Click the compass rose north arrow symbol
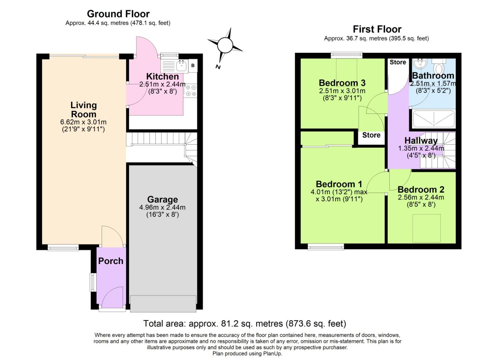tap(225, 45)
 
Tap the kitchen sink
tap(182, 66)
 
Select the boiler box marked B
tap(193, 66)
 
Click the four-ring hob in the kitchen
tap(190, 91)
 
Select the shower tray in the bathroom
tap(434, 119)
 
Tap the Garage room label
tap(162, 199)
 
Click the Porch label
tap(111, 261)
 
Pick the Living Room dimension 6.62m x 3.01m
tap(83, 122)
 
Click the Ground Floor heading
tap(118, 14)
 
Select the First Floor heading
tap(377, 29)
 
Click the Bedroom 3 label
tap(342, 83)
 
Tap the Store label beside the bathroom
tap(398, 62)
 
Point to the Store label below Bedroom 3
tap(371, 135)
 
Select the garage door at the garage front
tap(163, 303)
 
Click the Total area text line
tap(245, 324)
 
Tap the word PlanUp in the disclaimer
tap(273, 354)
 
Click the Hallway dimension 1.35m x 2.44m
tap(421, 148)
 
